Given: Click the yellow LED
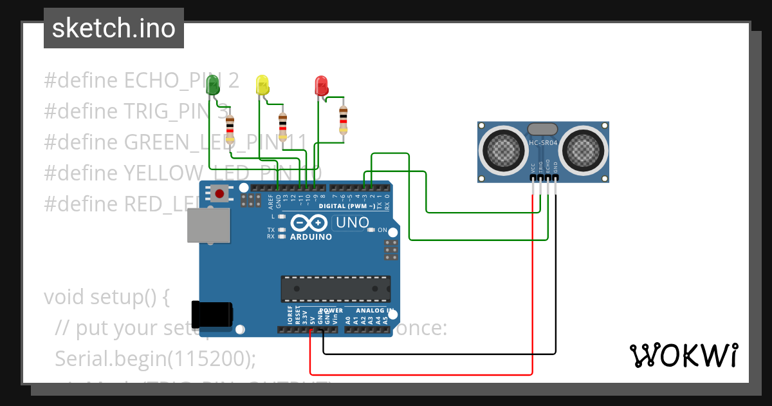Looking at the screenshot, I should tap(262, 84).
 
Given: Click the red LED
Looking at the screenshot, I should tap(321, 85).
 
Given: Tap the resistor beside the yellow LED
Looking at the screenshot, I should tap(282, 127).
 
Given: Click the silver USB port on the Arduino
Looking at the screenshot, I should tap(207, 226).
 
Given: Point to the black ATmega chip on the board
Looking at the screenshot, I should tap(335, 288).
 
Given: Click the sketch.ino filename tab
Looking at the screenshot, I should tap(114, 28).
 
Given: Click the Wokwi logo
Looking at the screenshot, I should tap(683, 355).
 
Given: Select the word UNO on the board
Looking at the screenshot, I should tap(351, 223).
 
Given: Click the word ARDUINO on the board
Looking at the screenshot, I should tap(311, 237).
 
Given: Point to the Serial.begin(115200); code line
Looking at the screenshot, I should tap(156, 358).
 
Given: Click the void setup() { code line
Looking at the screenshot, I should tap(106, 297).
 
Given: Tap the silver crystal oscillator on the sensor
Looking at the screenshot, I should tap(543, 130).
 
